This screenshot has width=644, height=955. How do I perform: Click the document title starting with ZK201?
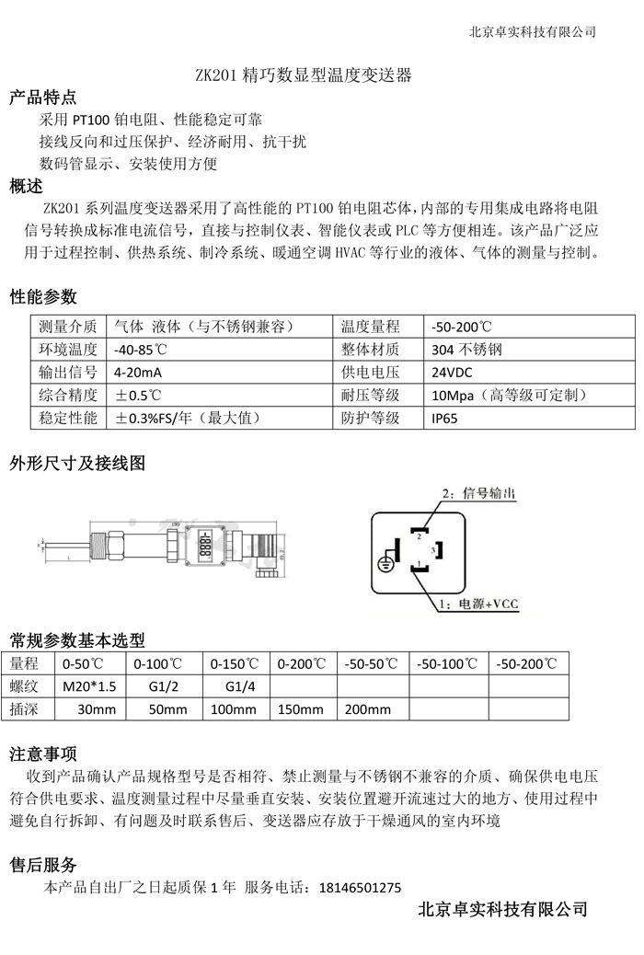(x=304, y=75)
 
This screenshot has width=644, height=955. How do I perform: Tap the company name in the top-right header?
(x=533, y=31)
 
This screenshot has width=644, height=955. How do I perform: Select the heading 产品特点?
(x=43, y=98)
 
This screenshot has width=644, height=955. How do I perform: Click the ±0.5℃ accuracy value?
(x=138, y=396)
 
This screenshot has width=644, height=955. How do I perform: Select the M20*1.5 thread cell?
(x=89, y=686)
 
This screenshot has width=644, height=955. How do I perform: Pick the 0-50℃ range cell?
(x=84, y=663)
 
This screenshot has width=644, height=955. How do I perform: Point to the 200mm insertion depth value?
(x=367, y=709)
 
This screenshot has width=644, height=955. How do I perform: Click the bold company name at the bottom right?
(x=502, y=910)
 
